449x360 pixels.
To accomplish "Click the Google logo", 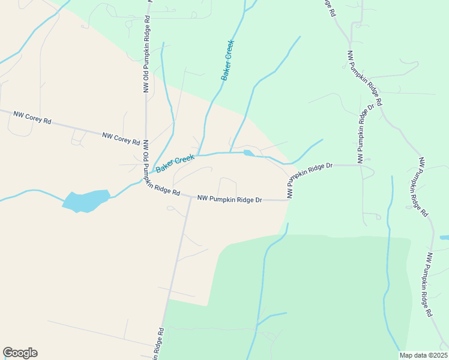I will pyautogui.click(x=20, y=353).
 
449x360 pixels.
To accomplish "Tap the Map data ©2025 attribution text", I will pyautogui.click(x=423, y=355).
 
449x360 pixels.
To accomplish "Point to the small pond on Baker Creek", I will pyautogui.click(x=249, y=153).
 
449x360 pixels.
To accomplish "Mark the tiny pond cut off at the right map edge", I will pyautogui.click(x=444, y=238).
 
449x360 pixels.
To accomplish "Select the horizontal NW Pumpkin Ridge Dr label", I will pyautogui.click(x=230, y=199).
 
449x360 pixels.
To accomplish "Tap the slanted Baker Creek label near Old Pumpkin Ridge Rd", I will pyautogui.click(x=175, y=163).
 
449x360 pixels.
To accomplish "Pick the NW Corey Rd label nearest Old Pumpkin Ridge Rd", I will pyautogui.click(x=121, y=139).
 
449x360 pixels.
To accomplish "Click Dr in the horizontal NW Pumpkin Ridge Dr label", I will pyautogui.click(x=259, y=200).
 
